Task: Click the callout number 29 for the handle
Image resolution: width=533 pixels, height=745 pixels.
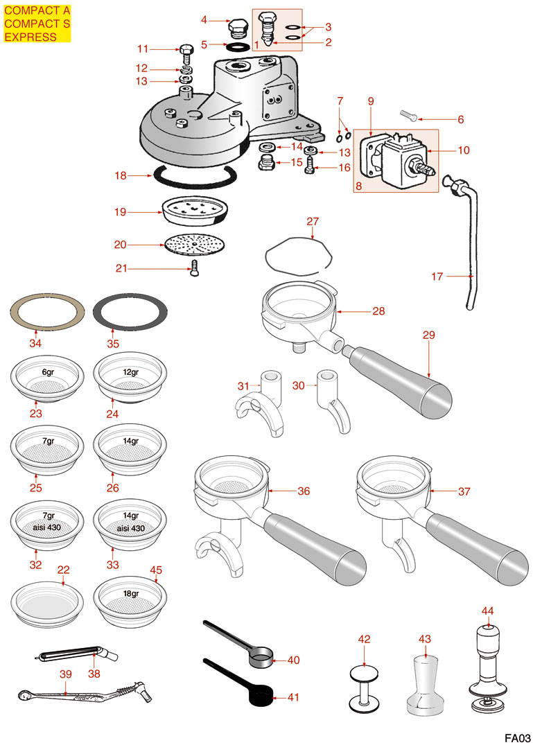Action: pos(428,335)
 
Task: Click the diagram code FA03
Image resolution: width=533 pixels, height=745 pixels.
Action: pos(517,737)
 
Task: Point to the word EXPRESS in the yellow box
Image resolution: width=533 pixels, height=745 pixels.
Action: pos(30,37)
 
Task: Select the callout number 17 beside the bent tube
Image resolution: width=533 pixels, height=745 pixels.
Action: pos(437,277)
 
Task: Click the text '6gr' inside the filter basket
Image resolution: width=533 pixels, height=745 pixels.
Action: pos(48,372)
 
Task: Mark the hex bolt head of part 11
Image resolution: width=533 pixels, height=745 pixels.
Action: pos(186,49)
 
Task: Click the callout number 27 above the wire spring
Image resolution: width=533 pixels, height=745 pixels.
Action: pos(313,222)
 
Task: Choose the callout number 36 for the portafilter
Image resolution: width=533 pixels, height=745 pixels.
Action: pos(304,491)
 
